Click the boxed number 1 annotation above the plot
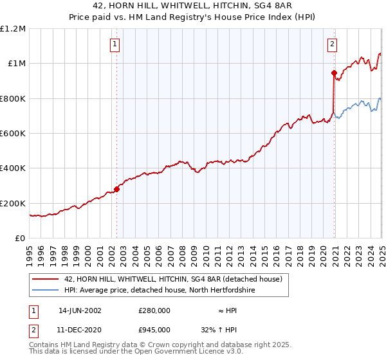click(115, 44)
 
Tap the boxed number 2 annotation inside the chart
click(332, 44)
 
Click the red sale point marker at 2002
click(117, 189)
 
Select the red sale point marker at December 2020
click(334, 73)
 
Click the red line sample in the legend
click(46, 279)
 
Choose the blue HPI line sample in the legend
click(46, 291)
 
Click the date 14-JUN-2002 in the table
click(80, 310)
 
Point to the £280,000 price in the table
click(154, 310)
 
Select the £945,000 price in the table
click(154, 329)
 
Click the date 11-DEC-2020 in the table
click(80, 329)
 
